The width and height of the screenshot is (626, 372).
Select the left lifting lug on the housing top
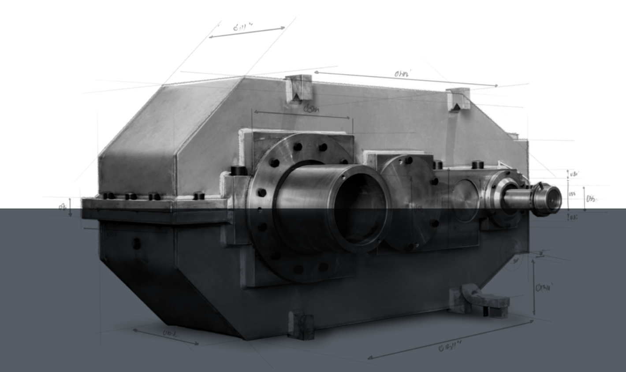point(298,89)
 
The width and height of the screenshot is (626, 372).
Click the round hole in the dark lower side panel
point(137,243)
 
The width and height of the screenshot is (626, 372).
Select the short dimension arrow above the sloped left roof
point(247,32)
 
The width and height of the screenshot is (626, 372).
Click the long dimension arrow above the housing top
point(406,78)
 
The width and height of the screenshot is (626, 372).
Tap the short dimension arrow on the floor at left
point(165,337)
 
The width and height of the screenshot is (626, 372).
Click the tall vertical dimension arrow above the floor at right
point(534,286)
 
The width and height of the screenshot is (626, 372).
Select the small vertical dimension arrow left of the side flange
point(71,207)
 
